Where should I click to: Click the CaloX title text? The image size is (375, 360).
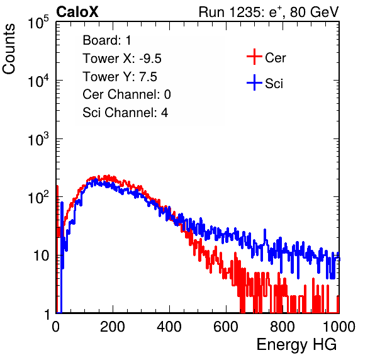(77, 12)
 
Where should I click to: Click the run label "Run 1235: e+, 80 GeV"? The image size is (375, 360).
(269, 12)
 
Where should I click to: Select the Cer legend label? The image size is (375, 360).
(275, 58)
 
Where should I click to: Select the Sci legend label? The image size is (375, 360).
(274, 84)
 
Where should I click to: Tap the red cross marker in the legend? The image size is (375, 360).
(254, 57)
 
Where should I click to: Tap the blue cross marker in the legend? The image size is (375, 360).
(254, 82)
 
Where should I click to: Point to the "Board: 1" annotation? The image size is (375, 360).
(107, 40)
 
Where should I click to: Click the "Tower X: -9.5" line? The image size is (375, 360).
(122, 59)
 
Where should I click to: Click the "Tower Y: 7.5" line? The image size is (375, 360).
(120, 77)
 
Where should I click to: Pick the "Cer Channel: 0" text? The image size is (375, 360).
(126, 94)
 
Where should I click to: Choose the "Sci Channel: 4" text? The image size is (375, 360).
(125, 113)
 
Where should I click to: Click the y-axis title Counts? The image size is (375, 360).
(9, 49)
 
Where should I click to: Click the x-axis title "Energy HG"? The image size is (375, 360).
(296, 345)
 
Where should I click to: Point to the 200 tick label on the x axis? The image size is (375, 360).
(113, 327)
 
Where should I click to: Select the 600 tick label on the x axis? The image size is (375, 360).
(226, 327)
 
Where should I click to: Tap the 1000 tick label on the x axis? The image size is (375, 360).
(339, 327)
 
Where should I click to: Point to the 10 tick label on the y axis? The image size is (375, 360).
(41, 256)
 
